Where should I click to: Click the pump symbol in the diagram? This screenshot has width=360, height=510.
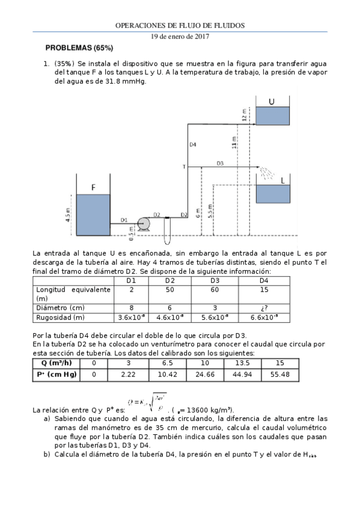coord(144,224)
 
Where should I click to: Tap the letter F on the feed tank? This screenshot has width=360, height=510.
coord(93,188)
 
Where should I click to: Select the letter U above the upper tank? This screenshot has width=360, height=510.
coord(272,102)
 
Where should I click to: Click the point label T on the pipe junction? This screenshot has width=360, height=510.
coord(184,166)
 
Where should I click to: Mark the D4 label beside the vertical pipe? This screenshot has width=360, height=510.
coord(193,144)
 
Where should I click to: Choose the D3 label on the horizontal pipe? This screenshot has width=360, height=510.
coord(220,163)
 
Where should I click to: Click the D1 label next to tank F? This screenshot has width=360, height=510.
coord(124,220)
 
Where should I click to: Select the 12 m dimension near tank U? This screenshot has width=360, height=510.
coord(245,115)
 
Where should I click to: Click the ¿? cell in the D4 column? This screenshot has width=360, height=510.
coord(264,307)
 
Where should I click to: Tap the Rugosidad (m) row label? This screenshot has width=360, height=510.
coord(61,317)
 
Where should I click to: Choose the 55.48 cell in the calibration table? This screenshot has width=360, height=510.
coord(280,374)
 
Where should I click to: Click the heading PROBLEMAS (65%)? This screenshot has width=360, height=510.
coord(79,48)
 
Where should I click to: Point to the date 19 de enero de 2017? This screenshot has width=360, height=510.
coord(180,36)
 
